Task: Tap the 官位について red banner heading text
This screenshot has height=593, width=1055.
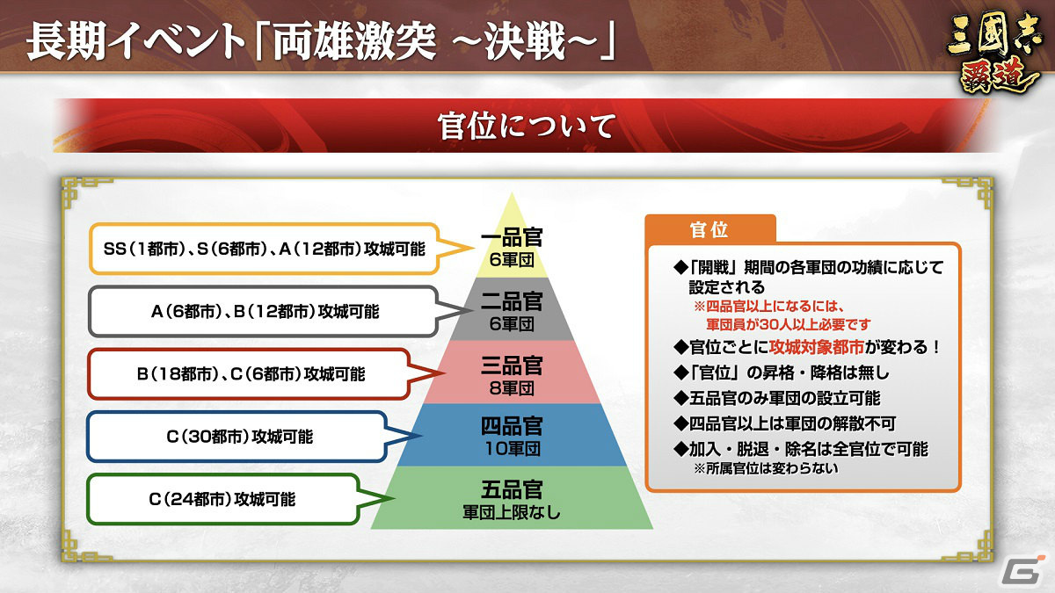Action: pyautogui.click(x=527, y=127)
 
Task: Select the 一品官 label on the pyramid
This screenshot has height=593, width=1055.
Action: pyautogui.click(x=512, y=237)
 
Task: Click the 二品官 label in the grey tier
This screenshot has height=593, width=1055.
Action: pyautogui.click(x=512, y=301)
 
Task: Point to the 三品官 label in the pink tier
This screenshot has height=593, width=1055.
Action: pyautogui.click(x=512, y=365)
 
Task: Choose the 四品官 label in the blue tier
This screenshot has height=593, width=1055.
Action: pyautogui.click(x=512, y=426)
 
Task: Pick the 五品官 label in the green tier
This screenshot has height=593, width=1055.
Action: pyautogui.click(x=512, y=489)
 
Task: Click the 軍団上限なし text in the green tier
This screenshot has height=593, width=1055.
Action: pyautogui.click(x=512, y=512)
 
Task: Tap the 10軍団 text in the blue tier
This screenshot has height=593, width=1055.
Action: pyautogui.click(x=513, y=449)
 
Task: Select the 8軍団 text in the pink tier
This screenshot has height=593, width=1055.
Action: pyautogui.click(x=512, y=388)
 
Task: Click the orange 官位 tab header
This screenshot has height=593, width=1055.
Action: pyautogui.click(x=709, y=230)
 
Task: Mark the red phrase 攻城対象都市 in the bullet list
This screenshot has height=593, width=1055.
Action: pyautogui.click(x=816, y=347)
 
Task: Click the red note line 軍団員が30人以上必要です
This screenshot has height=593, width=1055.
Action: pyautogui.click(x=788, y=324)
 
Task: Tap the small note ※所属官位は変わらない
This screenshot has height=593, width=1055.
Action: pyautogui.click(x=766, y=469)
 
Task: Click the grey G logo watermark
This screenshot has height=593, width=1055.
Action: pyautogui.click(x=1020, y=570)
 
